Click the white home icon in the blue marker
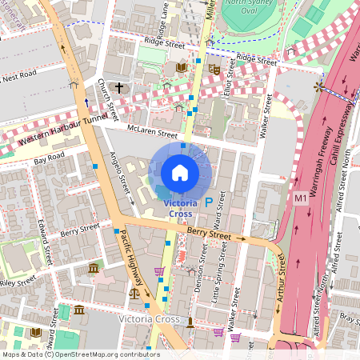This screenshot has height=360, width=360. click(x=180, y=173)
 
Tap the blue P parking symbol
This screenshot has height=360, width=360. click(x=209, y=203)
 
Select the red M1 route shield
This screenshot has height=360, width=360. click(x=301, y=198)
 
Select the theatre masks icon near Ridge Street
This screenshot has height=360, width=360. click(x=214, y=70)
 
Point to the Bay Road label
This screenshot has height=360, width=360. click(x=49, y=161)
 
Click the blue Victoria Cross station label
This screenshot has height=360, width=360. click(x=180, y=209)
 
